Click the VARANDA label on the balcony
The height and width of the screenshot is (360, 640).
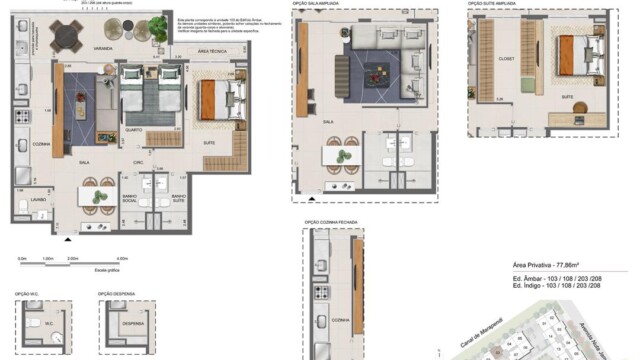(103, 47)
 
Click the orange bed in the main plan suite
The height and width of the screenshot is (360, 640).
(212, 99)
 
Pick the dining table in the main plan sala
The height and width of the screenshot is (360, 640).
(101, 196)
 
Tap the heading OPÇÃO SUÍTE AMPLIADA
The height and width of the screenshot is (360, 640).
(491, 4)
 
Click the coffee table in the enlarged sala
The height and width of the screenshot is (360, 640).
(377, 70)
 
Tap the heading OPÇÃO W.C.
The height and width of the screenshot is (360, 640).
(27, 294)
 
